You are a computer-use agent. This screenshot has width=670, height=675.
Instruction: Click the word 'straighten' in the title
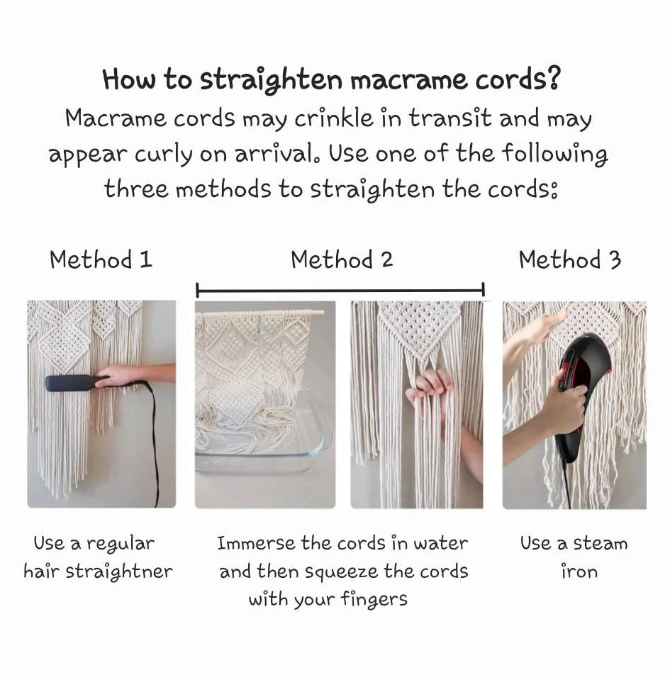271,81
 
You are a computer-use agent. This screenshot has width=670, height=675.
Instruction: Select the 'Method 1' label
101,260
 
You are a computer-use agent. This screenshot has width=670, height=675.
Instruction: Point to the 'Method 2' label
342,260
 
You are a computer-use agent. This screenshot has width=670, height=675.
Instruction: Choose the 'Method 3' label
569,260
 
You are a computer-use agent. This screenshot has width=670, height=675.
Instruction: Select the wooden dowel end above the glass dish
317,313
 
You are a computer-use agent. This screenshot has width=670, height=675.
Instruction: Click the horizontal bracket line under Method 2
340,291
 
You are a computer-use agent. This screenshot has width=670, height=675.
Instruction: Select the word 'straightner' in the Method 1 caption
119,572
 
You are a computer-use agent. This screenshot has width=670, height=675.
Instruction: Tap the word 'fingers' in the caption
374,600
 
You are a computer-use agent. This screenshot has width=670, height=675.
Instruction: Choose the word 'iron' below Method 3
579,571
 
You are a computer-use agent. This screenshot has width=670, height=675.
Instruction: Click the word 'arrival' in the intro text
279,153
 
